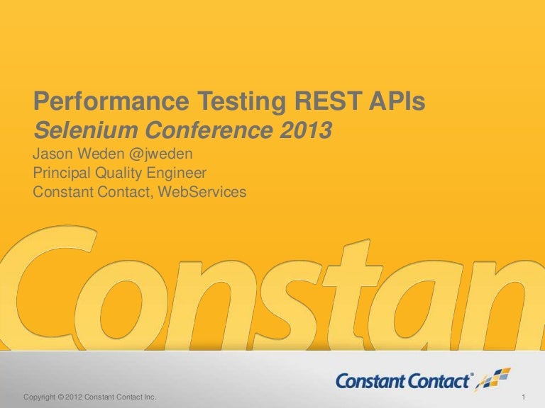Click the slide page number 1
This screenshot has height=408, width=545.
(522, 395)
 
